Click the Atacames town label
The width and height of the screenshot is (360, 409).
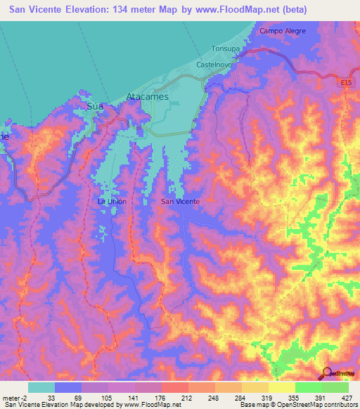tap(147, 97)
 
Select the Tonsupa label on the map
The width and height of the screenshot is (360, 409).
tap(226, 49)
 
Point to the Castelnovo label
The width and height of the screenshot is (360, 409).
tap(215, 65)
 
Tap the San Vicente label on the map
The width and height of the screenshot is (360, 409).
tap(181, 202)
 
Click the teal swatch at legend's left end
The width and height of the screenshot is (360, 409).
tap(41, 387)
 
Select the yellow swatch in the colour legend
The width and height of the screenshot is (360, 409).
tap(281, 387)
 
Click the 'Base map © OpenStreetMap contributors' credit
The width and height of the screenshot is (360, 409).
tap(299, 405)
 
